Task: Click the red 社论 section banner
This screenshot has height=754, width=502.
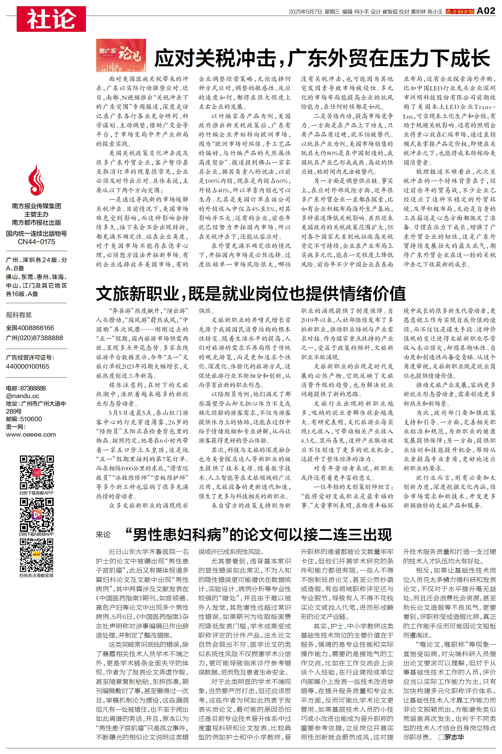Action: [x=51, y=19]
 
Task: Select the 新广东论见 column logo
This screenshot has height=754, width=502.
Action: [x=121, y=55]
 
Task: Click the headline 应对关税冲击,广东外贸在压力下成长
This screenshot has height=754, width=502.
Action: [x=322, y=58]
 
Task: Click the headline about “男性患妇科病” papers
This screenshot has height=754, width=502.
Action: [x=259, y=534]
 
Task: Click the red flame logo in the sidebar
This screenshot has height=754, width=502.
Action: [x=36, y=180]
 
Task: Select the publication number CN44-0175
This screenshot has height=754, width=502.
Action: [x=36, y=242]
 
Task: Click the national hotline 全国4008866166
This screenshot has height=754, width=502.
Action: [x=30, y=328]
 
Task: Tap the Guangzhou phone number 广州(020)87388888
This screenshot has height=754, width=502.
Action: [x=34, y=338]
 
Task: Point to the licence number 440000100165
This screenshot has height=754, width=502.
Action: [x=27, y=366]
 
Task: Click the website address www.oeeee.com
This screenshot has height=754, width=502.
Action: [x=31, y=435]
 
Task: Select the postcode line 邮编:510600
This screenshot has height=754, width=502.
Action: [x=24, y=419]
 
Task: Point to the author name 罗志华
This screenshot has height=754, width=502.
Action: [x=454, y=737]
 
